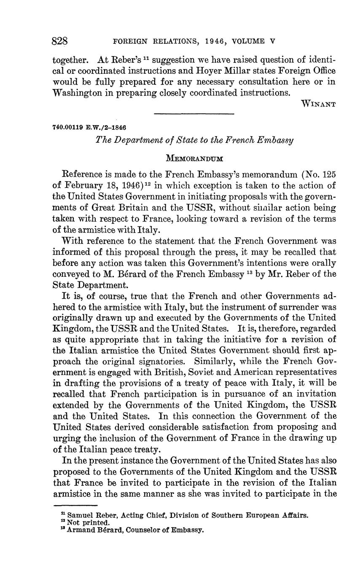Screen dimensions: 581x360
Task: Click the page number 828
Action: point(60,41)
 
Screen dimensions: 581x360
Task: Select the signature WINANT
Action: point(319,104)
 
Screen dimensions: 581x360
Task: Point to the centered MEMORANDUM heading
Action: point(194,158)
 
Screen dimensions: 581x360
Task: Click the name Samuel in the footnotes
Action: point(81,515)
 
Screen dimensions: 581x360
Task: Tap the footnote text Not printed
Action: point(86,522)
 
